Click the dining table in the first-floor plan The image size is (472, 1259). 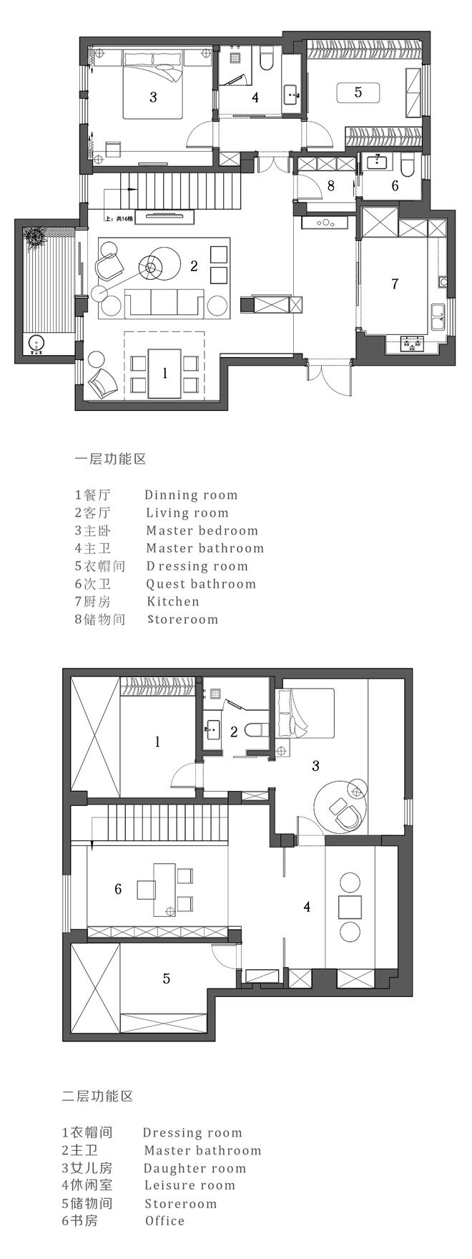[164, 372]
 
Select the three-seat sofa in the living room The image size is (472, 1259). [164, 303]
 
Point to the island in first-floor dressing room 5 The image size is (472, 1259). [358, 92]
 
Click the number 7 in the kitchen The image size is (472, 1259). [395, 284]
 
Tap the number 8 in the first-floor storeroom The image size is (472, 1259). [330, 186]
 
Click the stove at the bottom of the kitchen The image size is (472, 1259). [410, 344]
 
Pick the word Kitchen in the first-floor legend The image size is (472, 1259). [173, 601]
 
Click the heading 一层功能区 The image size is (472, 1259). [111, 459]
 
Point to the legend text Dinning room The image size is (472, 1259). [191, 495]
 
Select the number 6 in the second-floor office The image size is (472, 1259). [118, 889]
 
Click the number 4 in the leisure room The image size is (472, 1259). [307, 907]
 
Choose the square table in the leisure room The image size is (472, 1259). [350, 906]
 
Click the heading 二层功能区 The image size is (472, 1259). [98, 1096]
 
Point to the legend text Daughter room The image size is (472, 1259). [195, 1168]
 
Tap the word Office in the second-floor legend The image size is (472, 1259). [164, 1221]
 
